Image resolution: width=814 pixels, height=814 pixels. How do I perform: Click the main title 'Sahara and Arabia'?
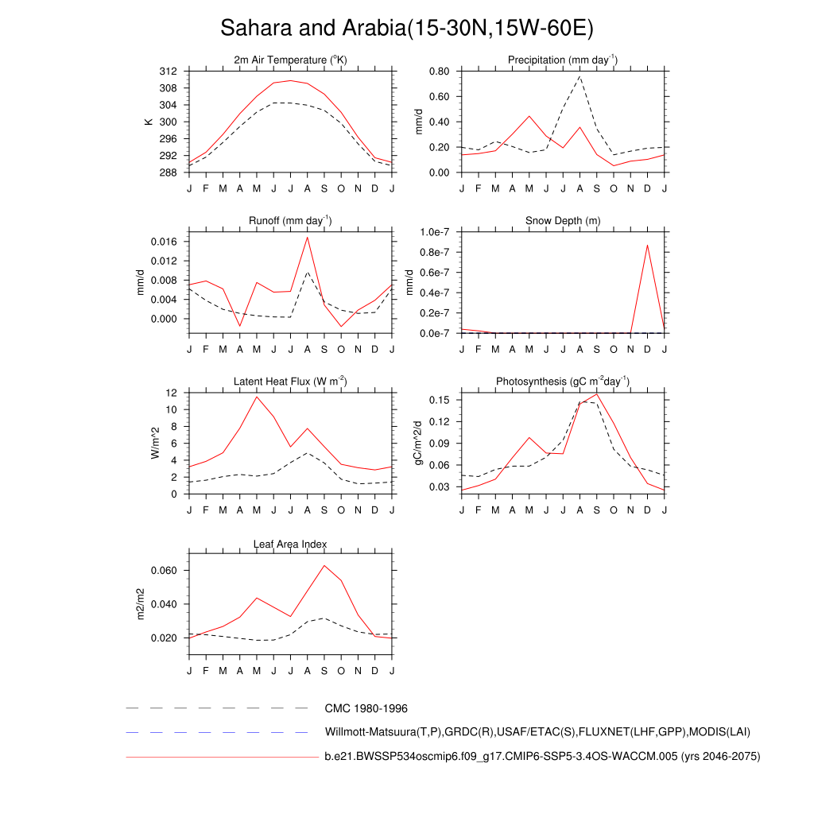(x=407, y=29)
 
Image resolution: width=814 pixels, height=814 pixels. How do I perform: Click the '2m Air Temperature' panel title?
(x=291, y=60)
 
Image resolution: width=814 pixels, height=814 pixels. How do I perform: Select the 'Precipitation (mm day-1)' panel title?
(x=563, y=60)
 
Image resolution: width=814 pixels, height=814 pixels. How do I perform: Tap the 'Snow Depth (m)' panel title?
(x=563, y=220)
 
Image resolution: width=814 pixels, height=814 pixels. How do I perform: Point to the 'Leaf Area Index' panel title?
(x=290, y=545)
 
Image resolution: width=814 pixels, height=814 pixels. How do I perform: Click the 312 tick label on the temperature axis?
(x=168, y=71)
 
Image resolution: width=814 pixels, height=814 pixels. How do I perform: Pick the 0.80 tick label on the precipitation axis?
(x=440, y=71)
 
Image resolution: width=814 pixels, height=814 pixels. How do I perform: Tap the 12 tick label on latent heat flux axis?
(x=171, y=393)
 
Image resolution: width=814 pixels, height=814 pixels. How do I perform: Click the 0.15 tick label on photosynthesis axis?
(x=440, y=399)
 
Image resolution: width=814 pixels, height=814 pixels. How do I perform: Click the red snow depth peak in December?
(x=647, y=245)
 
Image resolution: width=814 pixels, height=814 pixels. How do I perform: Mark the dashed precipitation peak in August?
(x=579, y=76)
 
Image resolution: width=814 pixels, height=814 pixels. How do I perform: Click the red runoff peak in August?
(x=308, y=237)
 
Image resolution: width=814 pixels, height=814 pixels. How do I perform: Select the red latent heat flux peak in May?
(x=256, y=397)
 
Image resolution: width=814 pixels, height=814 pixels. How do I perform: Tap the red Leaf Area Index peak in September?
(x=324, y=565)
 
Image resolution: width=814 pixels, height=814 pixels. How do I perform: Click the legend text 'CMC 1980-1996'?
(x=366, y=708)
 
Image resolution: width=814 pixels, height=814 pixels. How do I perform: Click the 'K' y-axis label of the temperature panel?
(x=147, y=122)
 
